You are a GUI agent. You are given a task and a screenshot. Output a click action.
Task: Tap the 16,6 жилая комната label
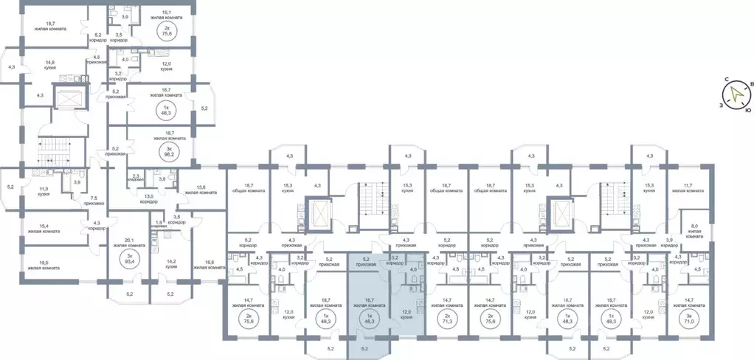[210, 265]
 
